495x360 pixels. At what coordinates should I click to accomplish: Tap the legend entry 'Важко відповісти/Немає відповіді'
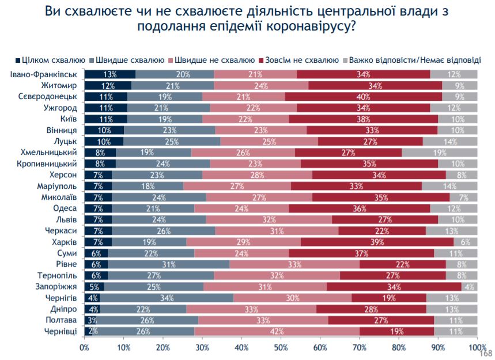(x=415, y=60)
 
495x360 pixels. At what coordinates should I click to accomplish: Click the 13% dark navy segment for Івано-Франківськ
(x=109, y=74)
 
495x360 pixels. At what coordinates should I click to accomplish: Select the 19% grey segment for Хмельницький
(x=440, y=152)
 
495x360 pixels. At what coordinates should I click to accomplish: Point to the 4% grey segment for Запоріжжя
(x=470, y=286)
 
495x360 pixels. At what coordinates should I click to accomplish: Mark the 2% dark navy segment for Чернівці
(x=88, y=331)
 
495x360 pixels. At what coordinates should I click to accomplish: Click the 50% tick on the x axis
(x=281, y=347)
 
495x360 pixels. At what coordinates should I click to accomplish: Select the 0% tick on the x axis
(x=85, y=347)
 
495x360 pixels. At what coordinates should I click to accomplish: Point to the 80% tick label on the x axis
(x=398, y=347)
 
